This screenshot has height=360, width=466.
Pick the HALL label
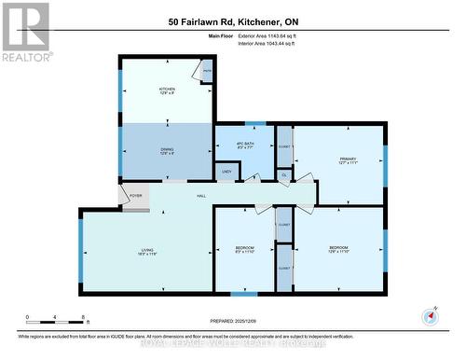click(201, 195)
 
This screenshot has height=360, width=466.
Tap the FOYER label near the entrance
click(135, 196)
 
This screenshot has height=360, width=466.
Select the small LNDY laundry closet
click(225, 171)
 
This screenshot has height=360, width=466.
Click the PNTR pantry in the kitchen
click(206, 70)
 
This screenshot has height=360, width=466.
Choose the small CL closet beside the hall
click(284, 173)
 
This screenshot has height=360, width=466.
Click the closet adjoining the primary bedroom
click(284, 147)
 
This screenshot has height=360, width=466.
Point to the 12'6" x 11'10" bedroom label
click(336, 250)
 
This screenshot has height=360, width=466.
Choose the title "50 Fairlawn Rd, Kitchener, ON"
click(234, 21)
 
